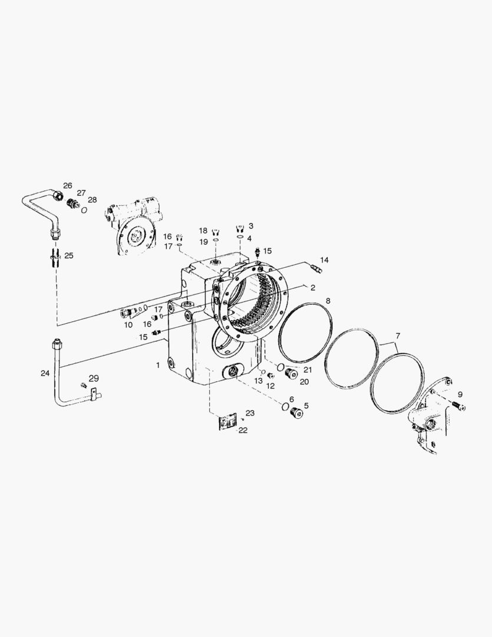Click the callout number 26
click(x=67, y=185)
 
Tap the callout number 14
click(x=324, y=260)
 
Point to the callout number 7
click(x=398, y=336)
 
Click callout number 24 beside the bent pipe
click(x=45, y=373)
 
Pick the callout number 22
click(x=243, y=430)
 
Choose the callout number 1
click(x=159, y=365)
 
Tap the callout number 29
click(x=94, y=379)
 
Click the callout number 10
click(x=128, y=325)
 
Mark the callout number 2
click(x=312, y=288)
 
